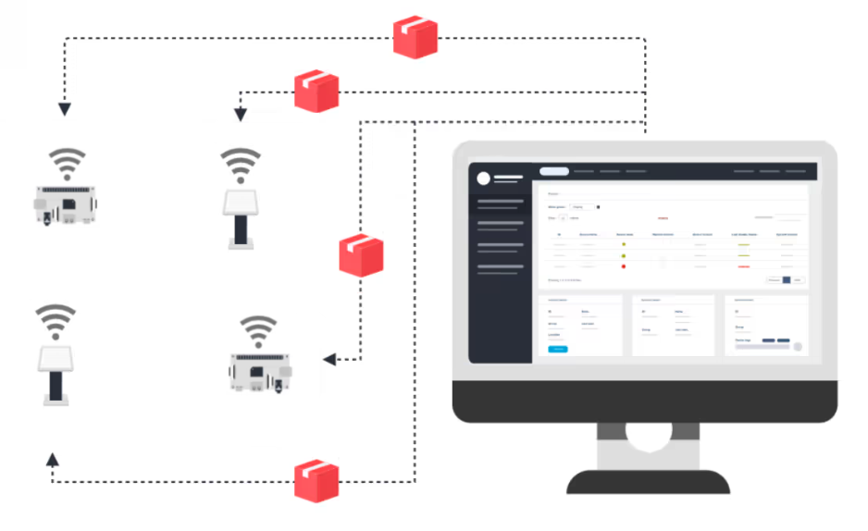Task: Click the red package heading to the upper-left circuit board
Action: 415,37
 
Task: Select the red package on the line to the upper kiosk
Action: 316,91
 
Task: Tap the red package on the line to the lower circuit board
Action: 361,254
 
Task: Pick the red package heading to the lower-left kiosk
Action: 316,481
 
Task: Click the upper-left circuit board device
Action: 66,204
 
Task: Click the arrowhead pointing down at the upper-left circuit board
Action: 64,109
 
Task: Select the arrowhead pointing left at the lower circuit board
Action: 329,359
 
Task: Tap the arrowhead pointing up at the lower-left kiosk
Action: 53,458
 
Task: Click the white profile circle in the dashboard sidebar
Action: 483,179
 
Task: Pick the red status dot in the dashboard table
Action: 624,266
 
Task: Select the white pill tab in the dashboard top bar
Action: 553,171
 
